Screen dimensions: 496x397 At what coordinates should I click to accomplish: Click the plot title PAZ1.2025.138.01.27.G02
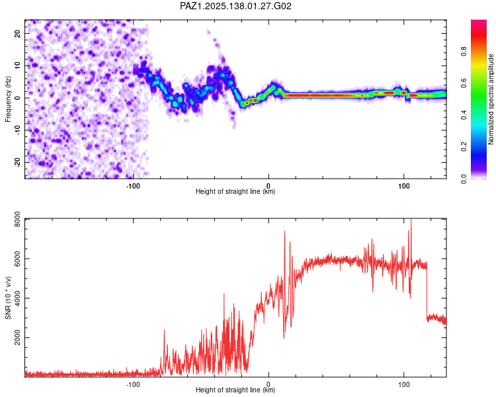235,6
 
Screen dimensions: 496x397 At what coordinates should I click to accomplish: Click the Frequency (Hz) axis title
8,99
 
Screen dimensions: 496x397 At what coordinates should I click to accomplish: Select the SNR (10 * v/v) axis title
8,298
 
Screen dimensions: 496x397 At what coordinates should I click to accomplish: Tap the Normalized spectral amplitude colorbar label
491,99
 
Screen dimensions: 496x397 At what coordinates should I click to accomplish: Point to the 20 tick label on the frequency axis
18,33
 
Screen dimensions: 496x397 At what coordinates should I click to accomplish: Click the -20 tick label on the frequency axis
18,162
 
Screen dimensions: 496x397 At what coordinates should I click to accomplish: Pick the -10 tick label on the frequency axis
18,130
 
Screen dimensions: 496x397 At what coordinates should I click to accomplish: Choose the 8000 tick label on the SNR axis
18,220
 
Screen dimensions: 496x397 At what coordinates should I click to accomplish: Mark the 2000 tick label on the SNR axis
18,337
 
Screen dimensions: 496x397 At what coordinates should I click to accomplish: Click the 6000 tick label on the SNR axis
18,258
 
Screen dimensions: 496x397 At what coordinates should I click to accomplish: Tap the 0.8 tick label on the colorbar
464,52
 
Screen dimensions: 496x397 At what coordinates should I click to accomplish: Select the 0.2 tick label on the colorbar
464,147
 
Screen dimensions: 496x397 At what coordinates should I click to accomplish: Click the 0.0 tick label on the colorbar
464,179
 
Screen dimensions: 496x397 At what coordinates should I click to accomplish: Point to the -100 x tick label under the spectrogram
133,186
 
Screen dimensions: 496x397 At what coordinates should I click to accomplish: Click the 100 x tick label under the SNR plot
404,384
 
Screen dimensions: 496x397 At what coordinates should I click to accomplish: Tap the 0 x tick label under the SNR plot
269,384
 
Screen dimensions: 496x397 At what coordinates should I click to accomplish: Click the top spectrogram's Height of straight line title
235,191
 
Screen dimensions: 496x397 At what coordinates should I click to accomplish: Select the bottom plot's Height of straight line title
235,390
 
